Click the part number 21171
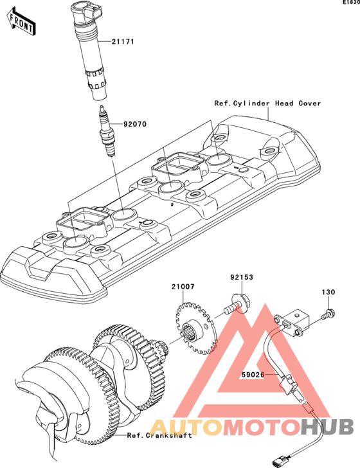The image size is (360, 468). point(123,42)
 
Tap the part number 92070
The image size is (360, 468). point(135,124)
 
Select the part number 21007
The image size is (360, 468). point(183,287)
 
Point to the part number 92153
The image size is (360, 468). point(242,277)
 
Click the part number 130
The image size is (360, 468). point(328,292)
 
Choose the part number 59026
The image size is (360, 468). point(253,374)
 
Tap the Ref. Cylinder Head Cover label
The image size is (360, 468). point(268,104)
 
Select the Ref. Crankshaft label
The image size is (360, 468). point(159,435)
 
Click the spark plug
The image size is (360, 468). point(107,130)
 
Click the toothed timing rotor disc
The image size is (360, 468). point(196,328)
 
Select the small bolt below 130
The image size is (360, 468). point(328,314)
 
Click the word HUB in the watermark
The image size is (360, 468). point(327,426)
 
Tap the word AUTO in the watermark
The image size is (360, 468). point(186,426)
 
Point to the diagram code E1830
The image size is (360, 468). point(351,3)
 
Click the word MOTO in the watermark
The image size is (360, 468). point(262,426)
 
